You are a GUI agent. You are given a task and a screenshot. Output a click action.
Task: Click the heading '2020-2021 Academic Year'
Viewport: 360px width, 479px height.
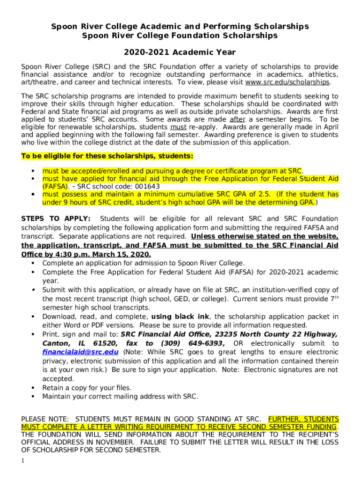click(x=180, y=52)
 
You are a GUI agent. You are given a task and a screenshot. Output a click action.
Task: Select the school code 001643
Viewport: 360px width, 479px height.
click(x=145, y=186)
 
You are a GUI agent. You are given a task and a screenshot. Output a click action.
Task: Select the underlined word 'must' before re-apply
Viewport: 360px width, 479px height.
click(x=178, y=127)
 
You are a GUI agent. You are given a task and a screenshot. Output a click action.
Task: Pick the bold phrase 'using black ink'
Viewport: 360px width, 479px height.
click(x=181, y=317)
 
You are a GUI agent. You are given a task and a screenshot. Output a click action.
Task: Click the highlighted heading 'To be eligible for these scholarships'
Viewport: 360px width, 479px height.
click(x=107, y=156)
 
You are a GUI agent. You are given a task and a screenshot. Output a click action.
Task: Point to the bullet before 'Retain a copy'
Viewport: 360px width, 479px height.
click(x=33, y=388)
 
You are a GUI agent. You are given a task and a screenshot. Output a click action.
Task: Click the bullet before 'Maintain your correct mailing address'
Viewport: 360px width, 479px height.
click(x=33, y=397)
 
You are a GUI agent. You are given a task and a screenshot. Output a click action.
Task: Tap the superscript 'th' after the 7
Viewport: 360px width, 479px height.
click(x=335, y=297)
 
